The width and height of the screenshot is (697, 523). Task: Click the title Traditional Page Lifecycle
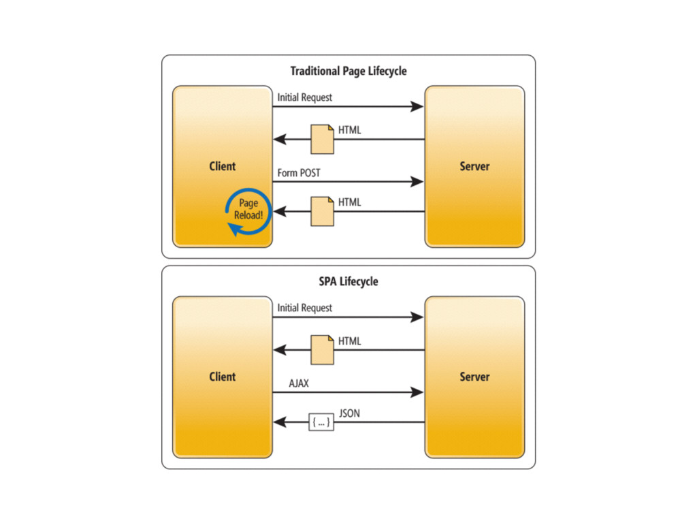pos(348,71)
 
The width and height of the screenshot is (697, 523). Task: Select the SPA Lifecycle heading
pos(348,281)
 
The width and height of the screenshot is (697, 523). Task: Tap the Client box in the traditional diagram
pos(223,166)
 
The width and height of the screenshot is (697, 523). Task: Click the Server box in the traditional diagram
pos(474,166)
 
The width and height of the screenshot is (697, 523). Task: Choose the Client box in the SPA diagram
pos(223,377)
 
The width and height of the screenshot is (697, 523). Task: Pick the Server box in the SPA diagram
pos(474,377)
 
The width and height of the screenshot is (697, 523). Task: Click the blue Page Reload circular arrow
pos(248,210)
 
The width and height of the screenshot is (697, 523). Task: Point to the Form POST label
pos(299,173)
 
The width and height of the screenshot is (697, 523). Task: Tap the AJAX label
pos(298,383)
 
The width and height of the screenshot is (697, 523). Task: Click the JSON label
pos(349,413)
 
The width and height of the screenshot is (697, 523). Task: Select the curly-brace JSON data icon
pos(321,423)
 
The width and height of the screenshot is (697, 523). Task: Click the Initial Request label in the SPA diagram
pos(304,308)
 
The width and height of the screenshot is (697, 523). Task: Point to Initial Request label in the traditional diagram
pos(304,97)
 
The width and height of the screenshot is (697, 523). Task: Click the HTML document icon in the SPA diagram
pos(322,349)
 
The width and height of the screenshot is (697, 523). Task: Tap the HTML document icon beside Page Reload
pos(322,211)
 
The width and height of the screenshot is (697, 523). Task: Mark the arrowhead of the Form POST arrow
pos(417,182)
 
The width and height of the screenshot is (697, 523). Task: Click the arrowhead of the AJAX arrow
pos(417,392)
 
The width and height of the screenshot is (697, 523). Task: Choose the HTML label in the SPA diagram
pos(349,341)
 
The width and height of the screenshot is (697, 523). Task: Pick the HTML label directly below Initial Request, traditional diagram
pos(349,130)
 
